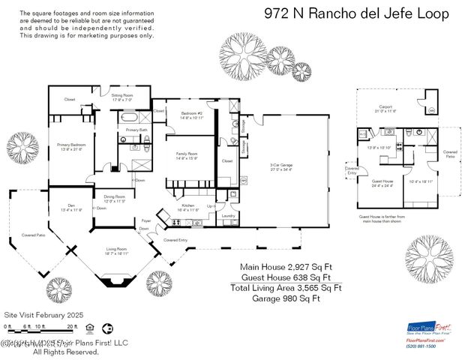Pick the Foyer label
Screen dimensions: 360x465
click(x=146, y=220)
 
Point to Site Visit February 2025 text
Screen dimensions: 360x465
click(x=43, y=315)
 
